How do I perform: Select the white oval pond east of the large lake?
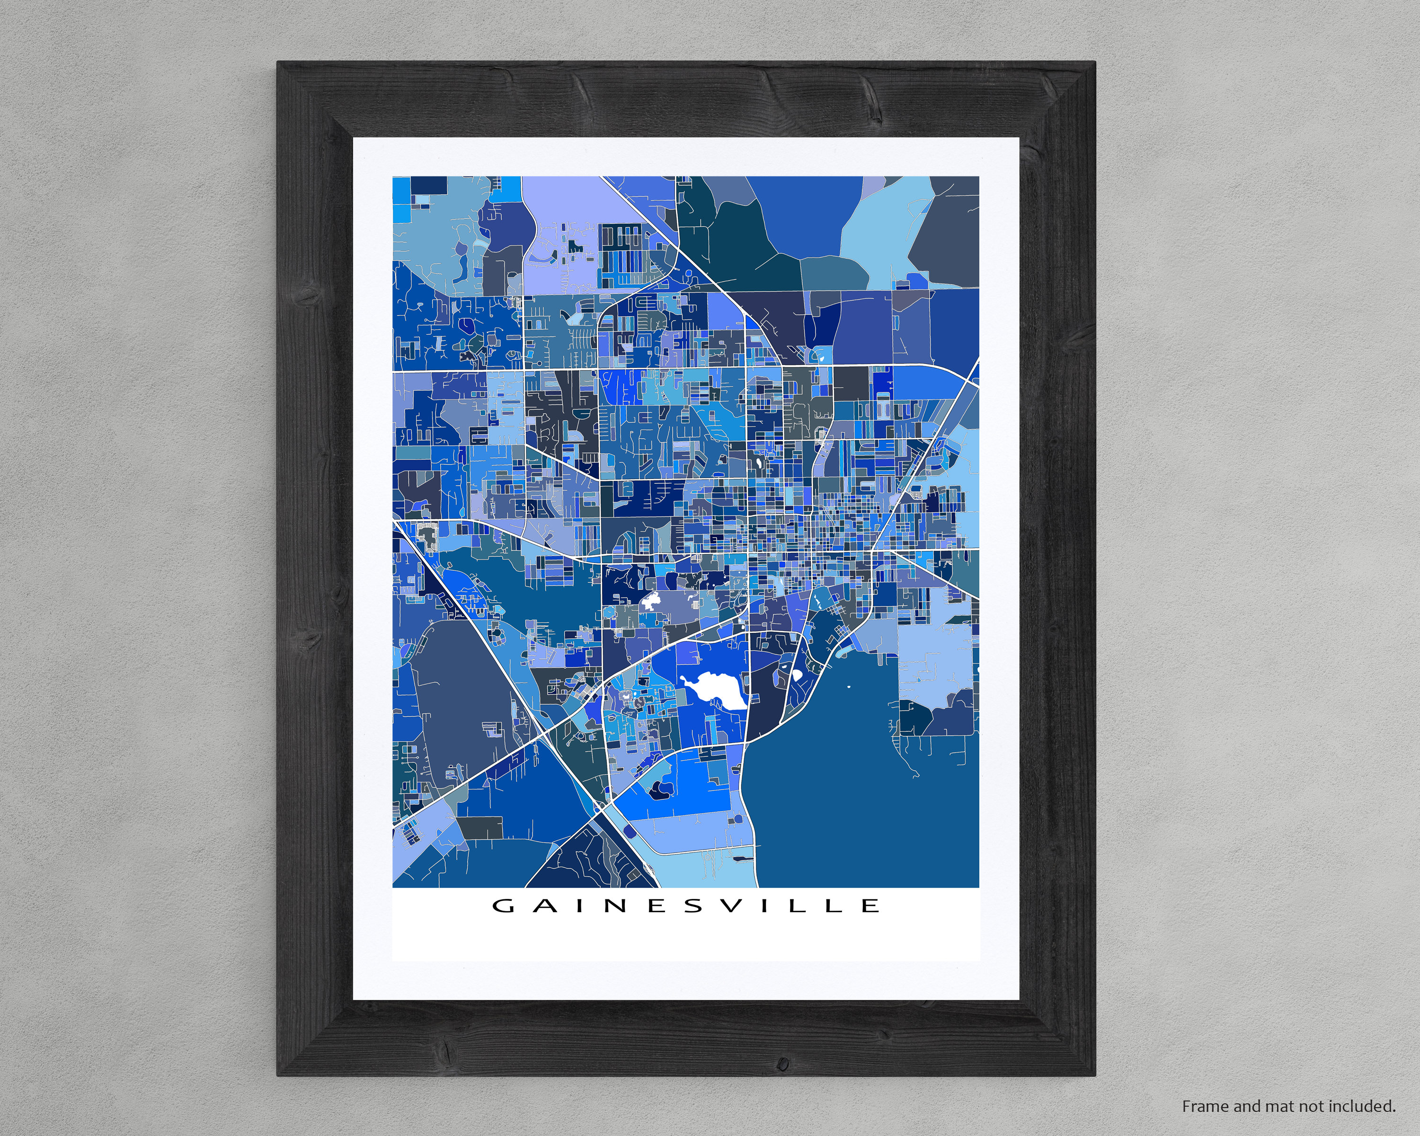point(797,674)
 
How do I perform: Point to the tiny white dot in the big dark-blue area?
point(848,688)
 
